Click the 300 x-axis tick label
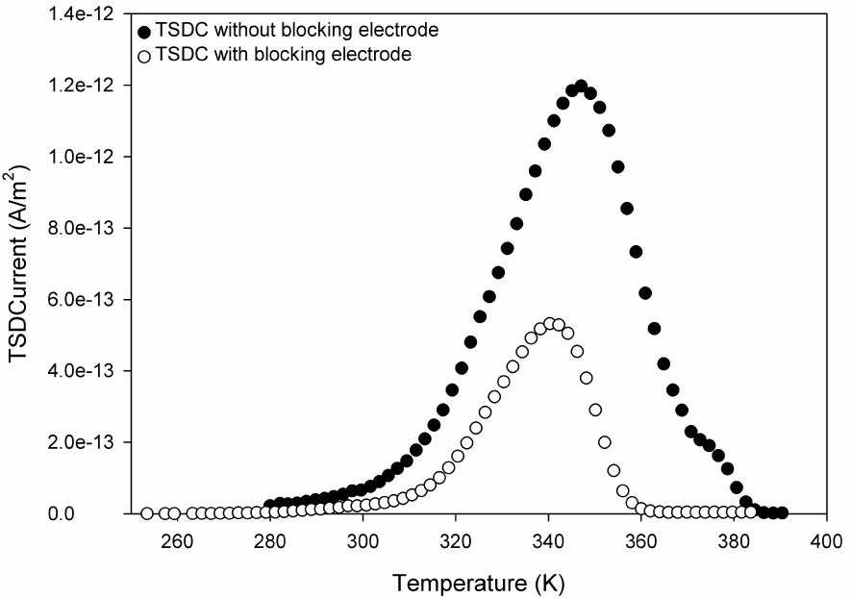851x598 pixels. (363, 541)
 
